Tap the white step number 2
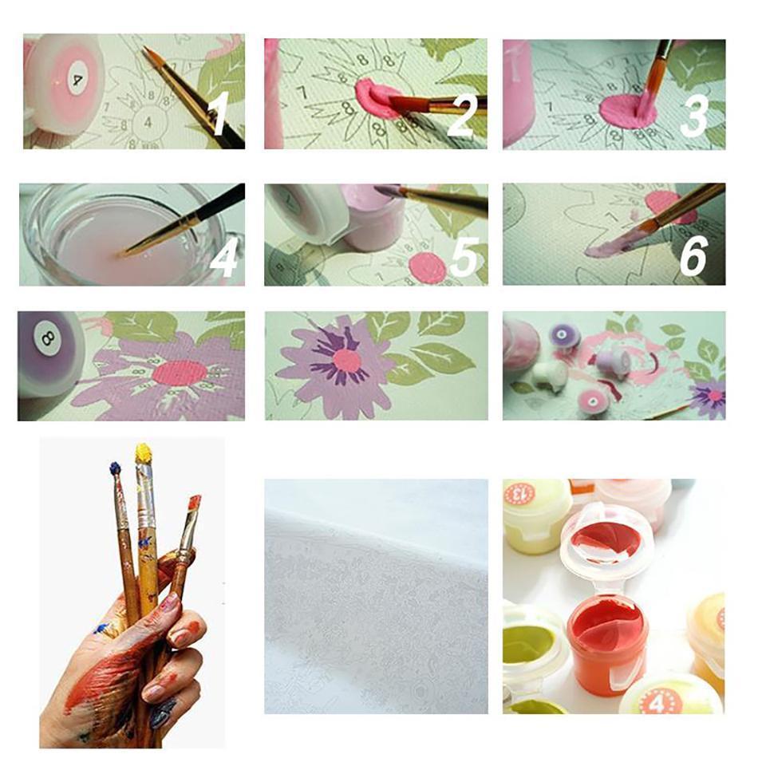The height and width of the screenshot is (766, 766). (462, 115)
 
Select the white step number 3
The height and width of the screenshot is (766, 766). (694, 115)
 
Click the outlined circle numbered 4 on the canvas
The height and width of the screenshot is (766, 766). (148, 121)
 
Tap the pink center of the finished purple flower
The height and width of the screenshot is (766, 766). (348, 361)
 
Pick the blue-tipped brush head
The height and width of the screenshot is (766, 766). (114, 469)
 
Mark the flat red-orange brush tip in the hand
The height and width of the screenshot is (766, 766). (194, 504)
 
